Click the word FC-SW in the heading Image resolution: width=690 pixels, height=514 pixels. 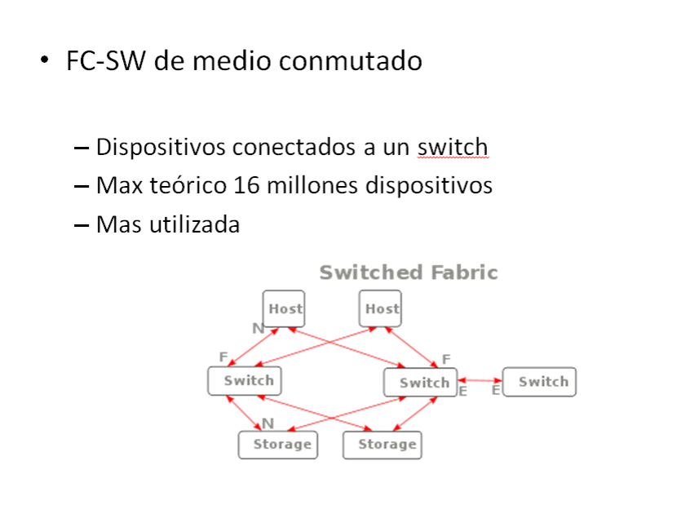105,60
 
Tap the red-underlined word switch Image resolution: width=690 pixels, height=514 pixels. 453,147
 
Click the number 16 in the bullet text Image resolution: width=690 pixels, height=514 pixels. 246,185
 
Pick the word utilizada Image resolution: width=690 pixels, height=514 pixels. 194,224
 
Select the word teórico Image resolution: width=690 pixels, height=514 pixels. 188,185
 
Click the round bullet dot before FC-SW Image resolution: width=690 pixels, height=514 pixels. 44,60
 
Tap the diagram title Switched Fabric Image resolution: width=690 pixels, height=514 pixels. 409,273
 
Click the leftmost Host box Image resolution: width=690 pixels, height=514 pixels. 284,308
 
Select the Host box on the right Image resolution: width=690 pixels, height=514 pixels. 380,308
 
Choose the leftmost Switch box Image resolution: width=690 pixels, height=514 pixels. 245,381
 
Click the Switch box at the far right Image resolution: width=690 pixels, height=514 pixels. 539,382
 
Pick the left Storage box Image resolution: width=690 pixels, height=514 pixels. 278,445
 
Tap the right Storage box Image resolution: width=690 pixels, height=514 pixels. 383,445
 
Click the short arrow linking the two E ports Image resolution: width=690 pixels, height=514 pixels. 480,381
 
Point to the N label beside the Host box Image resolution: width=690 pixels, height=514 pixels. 259,328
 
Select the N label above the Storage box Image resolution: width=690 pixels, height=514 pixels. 268,423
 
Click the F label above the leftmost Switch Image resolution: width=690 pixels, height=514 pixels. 223,357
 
